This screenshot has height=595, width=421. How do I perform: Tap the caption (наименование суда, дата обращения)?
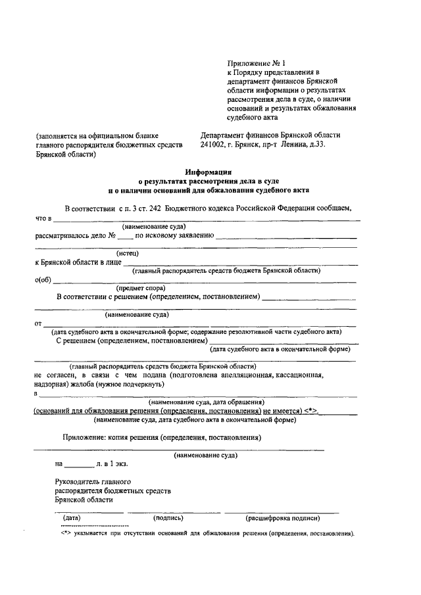207,401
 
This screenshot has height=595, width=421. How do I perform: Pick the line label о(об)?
43,279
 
